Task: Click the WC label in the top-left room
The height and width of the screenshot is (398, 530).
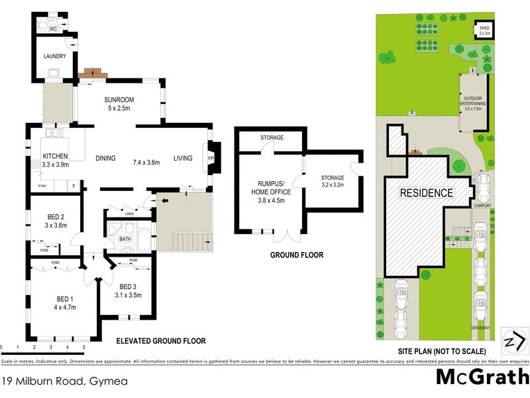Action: [x=52, y=29]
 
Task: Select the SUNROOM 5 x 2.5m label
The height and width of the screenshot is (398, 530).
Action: [x=119, y=105]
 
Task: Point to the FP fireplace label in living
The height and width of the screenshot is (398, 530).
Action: [x=211, y=159]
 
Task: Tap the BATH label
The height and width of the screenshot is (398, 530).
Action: [x=125, y=239]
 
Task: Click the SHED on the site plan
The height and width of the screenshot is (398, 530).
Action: [x=486, y=30]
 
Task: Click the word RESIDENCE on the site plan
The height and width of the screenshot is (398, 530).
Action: [x=426, y=193]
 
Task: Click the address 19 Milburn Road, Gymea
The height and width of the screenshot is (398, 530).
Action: [x=64, y=381]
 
